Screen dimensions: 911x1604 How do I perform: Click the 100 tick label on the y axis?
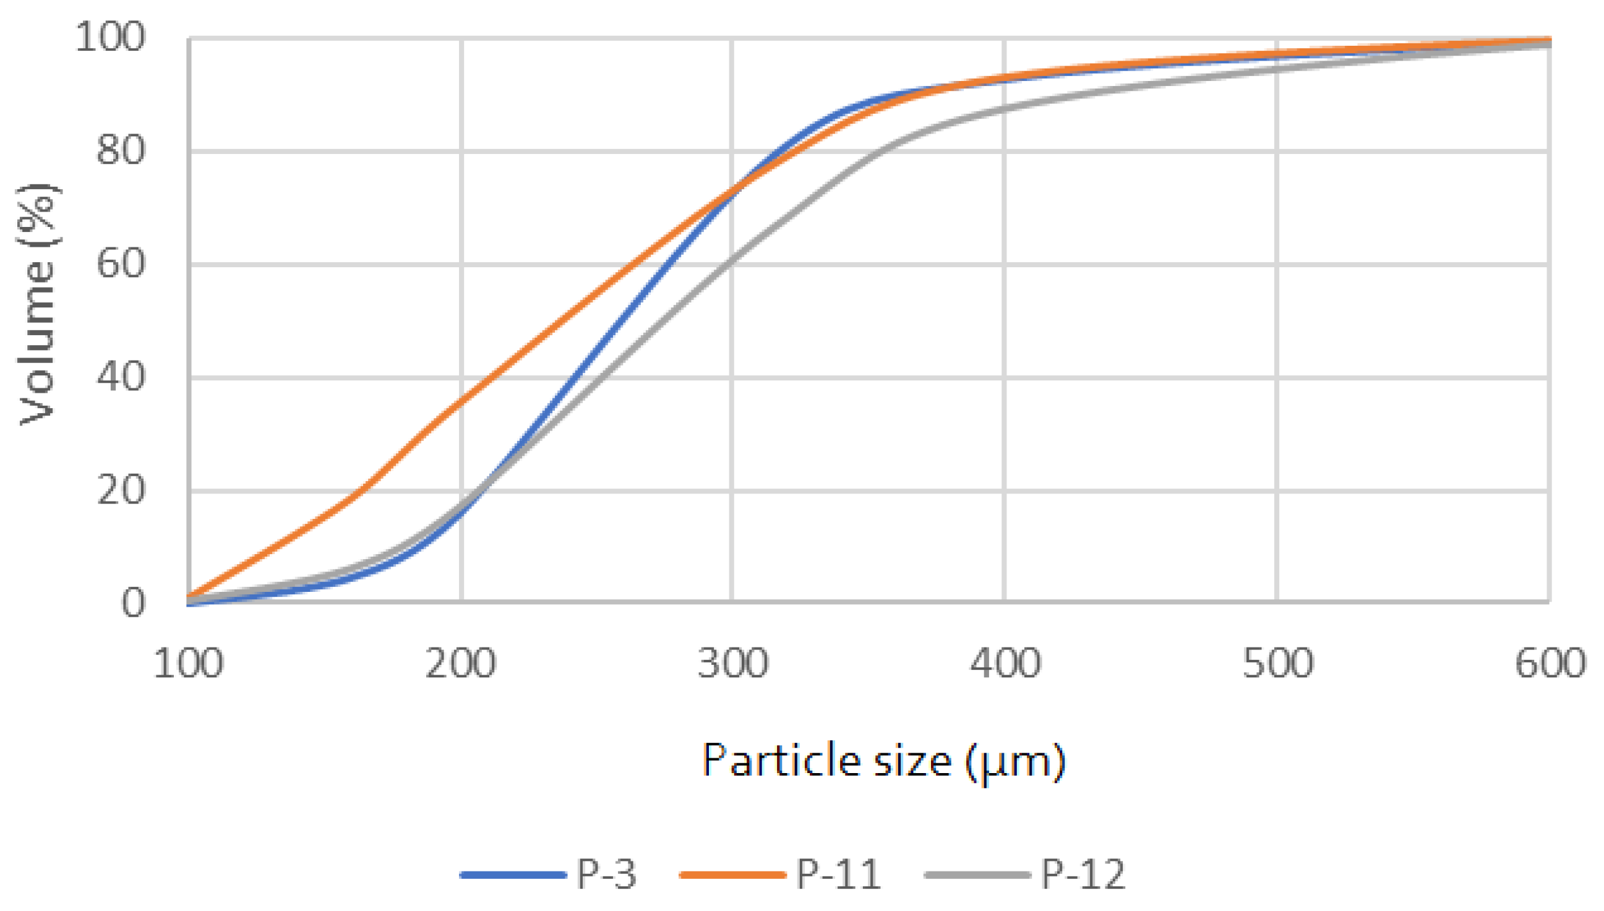pyautogui.click(x=109, y=37)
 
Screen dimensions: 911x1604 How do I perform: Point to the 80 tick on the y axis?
pyautogui.click(x=120, y=151)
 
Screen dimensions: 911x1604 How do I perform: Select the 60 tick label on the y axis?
pyautogui.click(x=120, y=264)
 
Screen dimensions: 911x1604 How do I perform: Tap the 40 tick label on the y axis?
pyautogui.click(x=120, y=377)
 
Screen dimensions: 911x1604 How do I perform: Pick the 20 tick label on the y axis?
pyautogui.click(x=120, y=490)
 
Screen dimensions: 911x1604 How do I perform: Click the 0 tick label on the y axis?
pyautogui.click(x=132, y=604)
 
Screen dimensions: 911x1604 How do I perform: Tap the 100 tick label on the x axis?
pyautogui.click(x=188, y=664)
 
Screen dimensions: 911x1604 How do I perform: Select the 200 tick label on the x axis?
pyautogui.click(x=461, y=664)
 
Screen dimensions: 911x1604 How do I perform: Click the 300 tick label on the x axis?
pyautogui.click(x=732, y=664)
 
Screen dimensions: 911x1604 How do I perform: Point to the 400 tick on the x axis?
pyautogui.click(x=1005, y=664)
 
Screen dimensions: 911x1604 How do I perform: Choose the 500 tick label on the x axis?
pyautogui.click(x=1277, y=664)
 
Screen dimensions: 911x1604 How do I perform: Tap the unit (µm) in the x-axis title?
pyautogui.click(x=1015, y=762)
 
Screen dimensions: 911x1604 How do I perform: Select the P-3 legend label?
pyautogui.click(x=606, y=874)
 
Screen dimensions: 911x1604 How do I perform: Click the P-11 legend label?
pyautogui.click(x=839, y=874)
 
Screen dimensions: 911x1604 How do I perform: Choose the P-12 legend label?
pyautogui.click(x=1083, y=874)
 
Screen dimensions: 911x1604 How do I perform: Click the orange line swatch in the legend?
pyautogui.click(x=732, y=875)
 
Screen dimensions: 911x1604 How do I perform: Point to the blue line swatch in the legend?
pyautogui.click(x=513, y=875)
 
